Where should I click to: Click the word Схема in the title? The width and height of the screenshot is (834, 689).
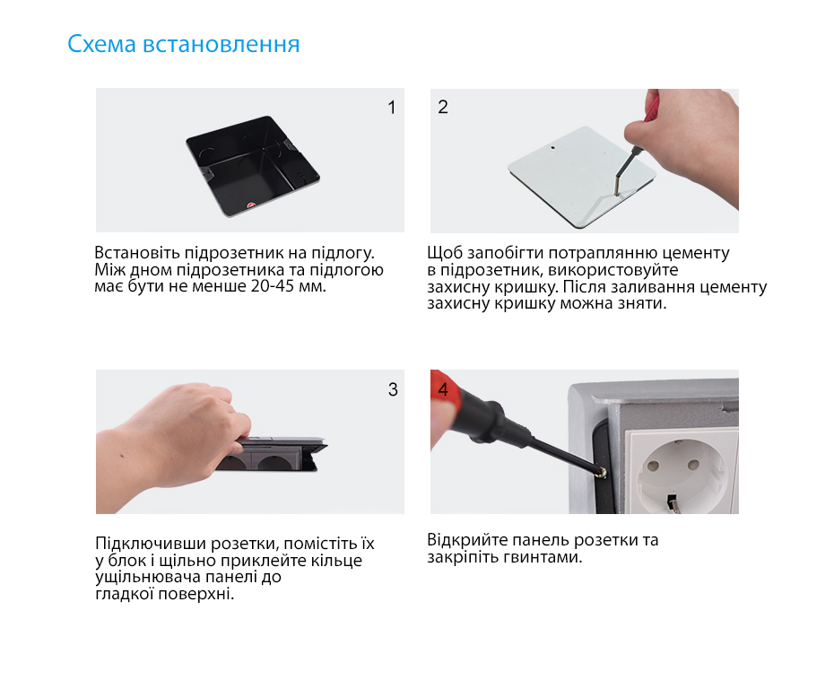(102, 44)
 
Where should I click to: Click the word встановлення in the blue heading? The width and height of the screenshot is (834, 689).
(222, 45)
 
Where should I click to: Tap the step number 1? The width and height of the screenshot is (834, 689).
(392, 108)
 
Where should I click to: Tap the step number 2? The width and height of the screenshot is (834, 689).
(442, 107)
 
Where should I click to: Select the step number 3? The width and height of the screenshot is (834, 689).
(393, 389)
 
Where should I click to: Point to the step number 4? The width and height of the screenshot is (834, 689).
(442, 389)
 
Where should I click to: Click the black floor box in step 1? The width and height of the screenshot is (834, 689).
(253, 166)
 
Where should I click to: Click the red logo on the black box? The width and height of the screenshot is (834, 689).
(251, 205)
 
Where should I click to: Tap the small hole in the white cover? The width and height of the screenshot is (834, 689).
(552, 148)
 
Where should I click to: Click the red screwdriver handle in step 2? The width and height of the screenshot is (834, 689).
(652, 107)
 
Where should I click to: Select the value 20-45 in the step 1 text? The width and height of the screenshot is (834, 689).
(270, 286)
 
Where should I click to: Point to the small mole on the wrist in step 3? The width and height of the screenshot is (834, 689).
(123, 456)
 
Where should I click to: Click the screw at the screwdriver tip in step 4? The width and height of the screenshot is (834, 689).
(604, 472)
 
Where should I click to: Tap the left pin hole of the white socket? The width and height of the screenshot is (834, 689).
(654, 467)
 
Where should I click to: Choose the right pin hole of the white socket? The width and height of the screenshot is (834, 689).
(693, 465)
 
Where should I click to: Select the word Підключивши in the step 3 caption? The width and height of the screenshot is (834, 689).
(151, 544)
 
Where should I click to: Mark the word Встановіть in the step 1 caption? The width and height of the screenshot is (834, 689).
(137, 253)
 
